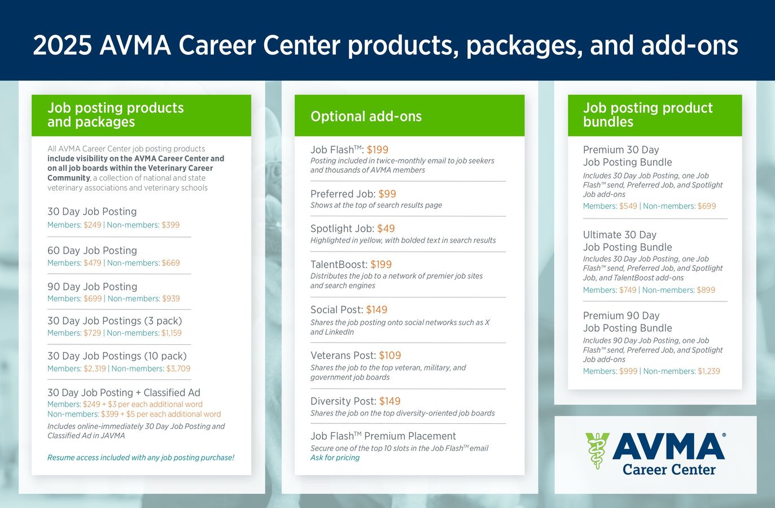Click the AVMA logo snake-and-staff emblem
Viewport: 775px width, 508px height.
[x=596, y=450]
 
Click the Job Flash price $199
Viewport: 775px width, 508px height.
[x=378, y=150]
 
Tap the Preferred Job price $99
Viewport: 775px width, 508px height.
[x=387, y=194]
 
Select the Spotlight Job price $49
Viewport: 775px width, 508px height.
[x=386, y=229]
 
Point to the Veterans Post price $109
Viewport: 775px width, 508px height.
[x=390, y=356]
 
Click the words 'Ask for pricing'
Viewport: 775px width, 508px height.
[x=335, y=458]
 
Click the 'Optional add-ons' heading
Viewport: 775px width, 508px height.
[x=366, y=116]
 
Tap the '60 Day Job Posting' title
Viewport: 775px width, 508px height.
[x=92, y=251]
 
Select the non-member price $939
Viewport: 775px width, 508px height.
[x=171, y=299]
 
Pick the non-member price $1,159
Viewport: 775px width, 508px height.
[x=172, y=333]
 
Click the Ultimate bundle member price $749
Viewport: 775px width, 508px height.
[x=628, y=290]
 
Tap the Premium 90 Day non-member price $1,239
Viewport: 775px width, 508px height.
[x=709, y=371]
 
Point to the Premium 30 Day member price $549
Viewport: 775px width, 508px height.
[x=628, y=206]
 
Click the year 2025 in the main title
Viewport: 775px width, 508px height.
[x=62, y=46]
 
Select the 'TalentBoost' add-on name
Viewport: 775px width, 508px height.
[x=339, y=264]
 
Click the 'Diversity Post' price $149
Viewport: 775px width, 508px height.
[x=390, y=401]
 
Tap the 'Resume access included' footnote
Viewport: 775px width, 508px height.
[x=141, y=458]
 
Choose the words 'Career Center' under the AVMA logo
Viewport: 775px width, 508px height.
[x=669, y=470]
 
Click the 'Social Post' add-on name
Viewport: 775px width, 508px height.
[x=336, y=310]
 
